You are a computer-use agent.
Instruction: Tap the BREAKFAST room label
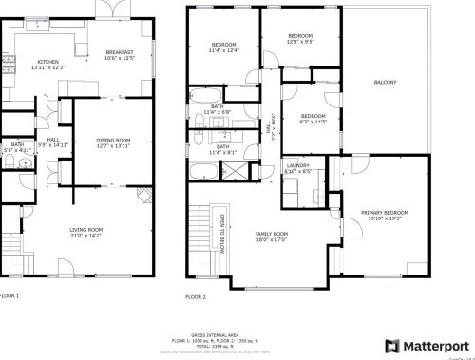click(x=119, y=53)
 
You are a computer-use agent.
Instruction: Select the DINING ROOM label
click(x=112, y=141)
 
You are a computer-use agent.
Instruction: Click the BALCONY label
click(x=385, y=83)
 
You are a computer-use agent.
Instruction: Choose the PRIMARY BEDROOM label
click(x=385, y=213)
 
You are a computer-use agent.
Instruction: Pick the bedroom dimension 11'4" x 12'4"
click(x=223, y=50)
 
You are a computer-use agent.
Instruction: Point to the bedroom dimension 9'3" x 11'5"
click(x=313, y=122)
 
